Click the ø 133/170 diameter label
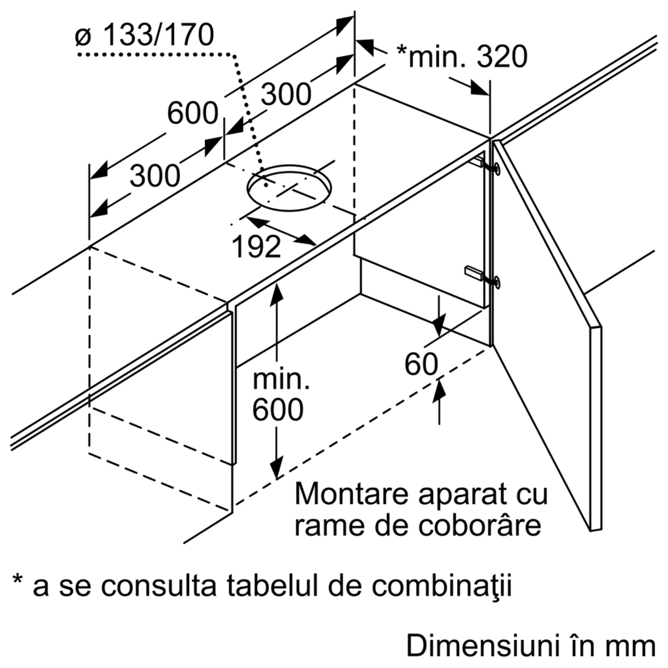point(145,35)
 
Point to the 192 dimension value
point(256,247)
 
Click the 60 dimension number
point(421,365)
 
